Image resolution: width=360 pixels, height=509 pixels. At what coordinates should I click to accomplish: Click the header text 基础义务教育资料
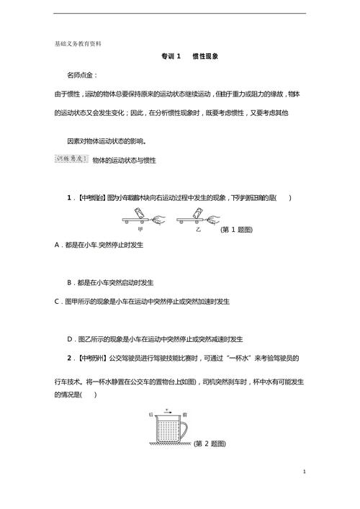click(78, 43)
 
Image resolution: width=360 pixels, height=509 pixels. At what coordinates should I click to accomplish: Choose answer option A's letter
click(57, 246)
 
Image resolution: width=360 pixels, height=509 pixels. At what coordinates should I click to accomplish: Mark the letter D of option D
click(69, 338)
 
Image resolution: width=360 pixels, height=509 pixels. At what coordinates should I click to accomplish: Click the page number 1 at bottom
click(305, 472)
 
